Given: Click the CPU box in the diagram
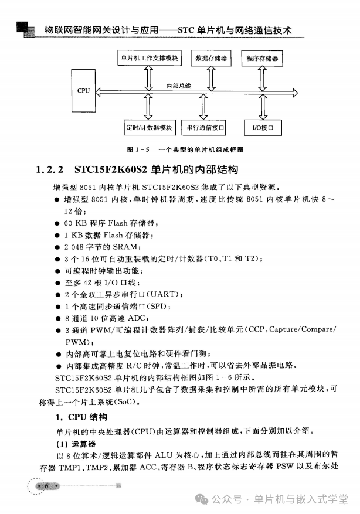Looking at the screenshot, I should [83, 91].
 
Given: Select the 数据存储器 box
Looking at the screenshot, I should [207, 59].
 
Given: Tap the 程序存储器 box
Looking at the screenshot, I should [262, 59].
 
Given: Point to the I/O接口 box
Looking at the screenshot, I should [262, 127].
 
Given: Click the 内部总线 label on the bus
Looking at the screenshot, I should [178, 86].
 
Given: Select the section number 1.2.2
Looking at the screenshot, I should [50, 171].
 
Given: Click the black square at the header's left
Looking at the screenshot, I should [22, 28].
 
